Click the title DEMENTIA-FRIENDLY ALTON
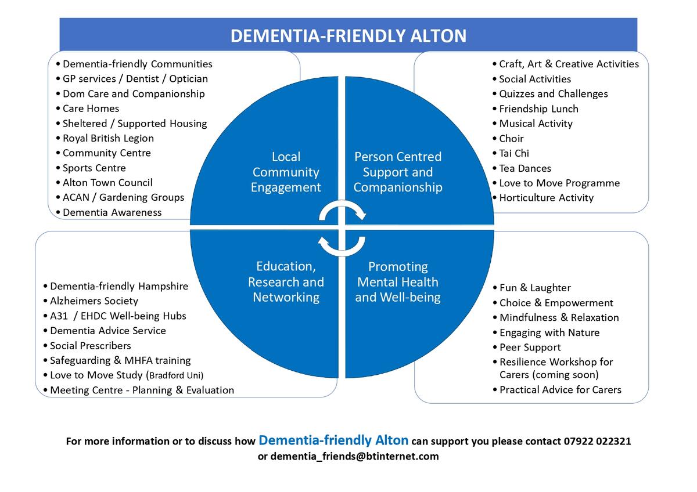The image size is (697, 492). pyautogui.click(x=348, y=36)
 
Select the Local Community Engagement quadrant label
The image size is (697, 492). pyautogui.click(x=286, y=172)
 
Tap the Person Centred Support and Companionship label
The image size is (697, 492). pyautogui.click(x=398, y=172)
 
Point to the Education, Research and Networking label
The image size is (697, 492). pyautogui.click(x=286, y=282)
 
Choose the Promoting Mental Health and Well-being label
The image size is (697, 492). pyautogui.click(x=398, y=282)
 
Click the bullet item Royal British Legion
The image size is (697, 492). pyautogui.click(x=108, y=138)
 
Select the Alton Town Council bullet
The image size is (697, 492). pyautogui.click(x=107, y=183)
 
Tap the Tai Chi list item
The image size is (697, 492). pyautogui.click(x=514, y=153)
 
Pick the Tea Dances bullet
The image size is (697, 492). pyautogui.click(x=525, y=168)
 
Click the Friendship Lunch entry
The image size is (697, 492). pyautogui.click(x=538, y=108)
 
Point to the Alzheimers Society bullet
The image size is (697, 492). pyautogui.click(x=94, y=301)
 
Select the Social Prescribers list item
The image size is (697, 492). pyautogui.click(x=91, y=346)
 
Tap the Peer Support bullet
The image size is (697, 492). pyautogui.click(x=530, y=348)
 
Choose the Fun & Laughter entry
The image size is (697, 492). pyautogui.click(x=535, y=288)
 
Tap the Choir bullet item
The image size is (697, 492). pyautogui.click(x=511, y=139)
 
